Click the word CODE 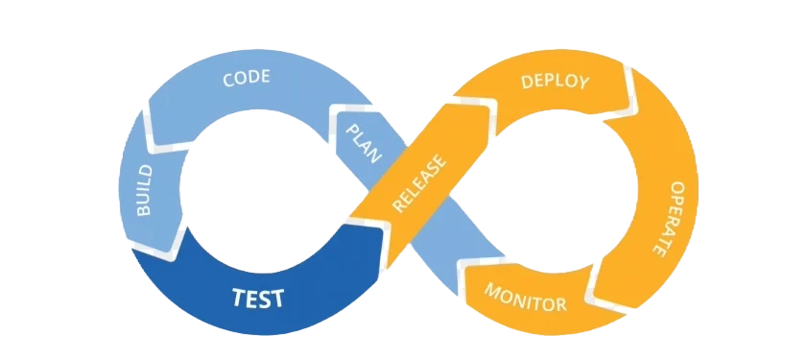(x=247, y=78)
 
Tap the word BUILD (x=144, y=190)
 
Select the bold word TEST (x=257, y=298)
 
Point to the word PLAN (x=364, y=143)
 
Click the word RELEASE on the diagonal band (x=419, y=183)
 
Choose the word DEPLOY (x=555, y=83)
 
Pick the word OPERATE (x=664, y=218)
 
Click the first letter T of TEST (x=239, y=298)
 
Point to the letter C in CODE (x=228, y=81)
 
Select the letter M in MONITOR (x=493, y=292)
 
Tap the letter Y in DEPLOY (x=582, y=83)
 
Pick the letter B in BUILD (x=145, y=209)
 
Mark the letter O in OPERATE (x=676, y=188)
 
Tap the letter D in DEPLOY (x=527, y=83)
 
